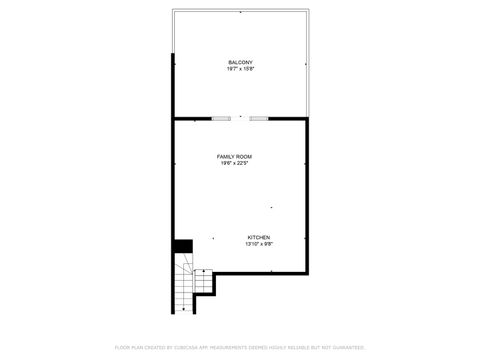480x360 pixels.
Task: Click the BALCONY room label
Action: pyautogui.click(x=240, y=63)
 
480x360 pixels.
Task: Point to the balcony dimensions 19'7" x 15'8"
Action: pyautogui.click(x=240, y=70)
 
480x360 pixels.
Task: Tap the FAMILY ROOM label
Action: pyautogui.click(x=235, y=157)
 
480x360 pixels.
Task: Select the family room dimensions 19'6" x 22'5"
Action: pyautogui.click(x=235, y=164)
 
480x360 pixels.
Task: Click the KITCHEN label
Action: pyautogui.click(x=259, y=237)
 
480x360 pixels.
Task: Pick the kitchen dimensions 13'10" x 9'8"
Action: pyautogui.click(x=260, y=244)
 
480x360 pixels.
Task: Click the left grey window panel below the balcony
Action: pyautogui.click(x=221, y=119)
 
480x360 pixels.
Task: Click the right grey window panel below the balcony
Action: pyautogui.click(x=259, y=119)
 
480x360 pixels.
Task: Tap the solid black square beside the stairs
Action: pyautogui.click(x=183, y=246)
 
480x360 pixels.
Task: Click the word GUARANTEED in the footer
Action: pyautogui.click(x=351, y=347)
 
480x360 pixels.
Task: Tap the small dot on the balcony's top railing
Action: pyautogui.click(x=240, y=12)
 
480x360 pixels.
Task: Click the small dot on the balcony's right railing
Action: pyautogui.click(x=304, y=64)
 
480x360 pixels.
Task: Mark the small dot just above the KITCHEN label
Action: pyautogui.click(x=271, y=207)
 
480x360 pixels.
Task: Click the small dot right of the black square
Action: pyautogui.click(x=213, y=238)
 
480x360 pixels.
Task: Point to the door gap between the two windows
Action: pyautogui.click(x=240, y=119)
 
